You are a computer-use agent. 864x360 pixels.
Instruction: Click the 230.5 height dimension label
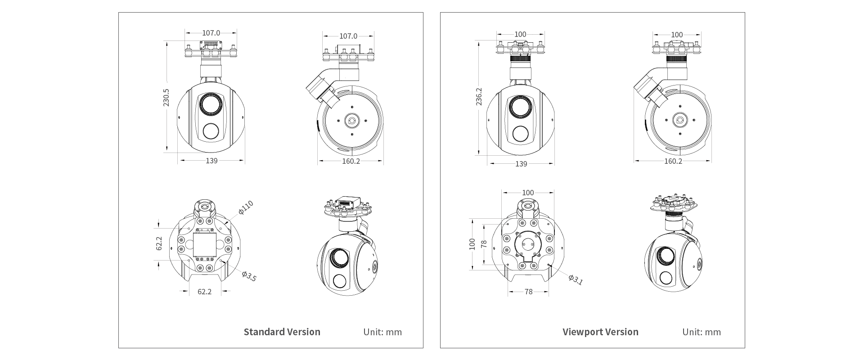(x=166, y=97)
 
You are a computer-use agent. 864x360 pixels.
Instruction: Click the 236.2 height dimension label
(x=479, y=97)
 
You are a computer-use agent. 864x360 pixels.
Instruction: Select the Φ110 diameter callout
(x=246, y=207)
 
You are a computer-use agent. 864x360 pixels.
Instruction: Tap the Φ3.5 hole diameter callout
(x=248, y=276)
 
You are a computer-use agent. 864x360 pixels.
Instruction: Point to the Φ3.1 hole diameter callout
(x=575, y=280)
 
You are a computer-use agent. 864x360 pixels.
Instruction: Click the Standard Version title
(x=282, y=332)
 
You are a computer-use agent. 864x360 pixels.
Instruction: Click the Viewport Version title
(x=600, y=332)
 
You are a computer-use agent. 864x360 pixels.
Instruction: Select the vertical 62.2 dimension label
(x=159, y=243)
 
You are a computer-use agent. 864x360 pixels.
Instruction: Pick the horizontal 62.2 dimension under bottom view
(x=204, y=292)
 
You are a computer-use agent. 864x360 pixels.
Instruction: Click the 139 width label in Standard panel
(x=211, y=161)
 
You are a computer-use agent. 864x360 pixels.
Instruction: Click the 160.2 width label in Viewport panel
(x=673, y=161)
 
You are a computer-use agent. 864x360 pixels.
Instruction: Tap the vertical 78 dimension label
(x=484, y=244)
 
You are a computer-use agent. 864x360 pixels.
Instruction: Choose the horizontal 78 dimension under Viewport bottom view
(x=528, y=292)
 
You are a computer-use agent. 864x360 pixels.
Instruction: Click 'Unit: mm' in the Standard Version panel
(x=382, y=332)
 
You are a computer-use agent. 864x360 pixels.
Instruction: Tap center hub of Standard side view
(x=351, y=121)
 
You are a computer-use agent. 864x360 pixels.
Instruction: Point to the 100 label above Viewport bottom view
(x=528, y=193)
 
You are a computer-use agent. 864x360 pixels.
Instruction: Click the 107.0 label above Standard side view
(x=348, y=36)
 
